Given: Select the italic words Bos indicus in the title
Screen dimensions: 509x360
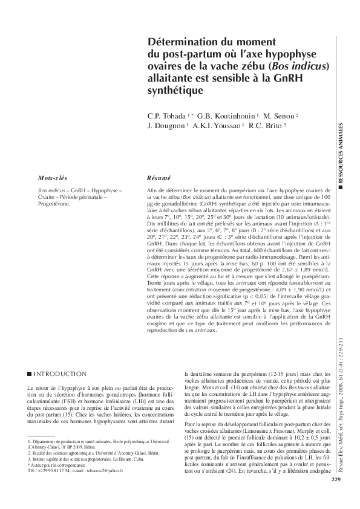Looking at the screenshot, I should pos(299,66).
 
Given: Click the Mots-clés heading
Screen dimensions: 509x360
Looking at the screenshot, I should pos(53,180).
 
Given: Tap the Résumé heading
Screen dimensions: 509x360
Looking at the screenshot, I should pos(159,180).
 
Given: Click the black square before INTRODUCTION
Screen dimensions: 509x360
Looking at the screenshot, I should pos(30,374).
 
